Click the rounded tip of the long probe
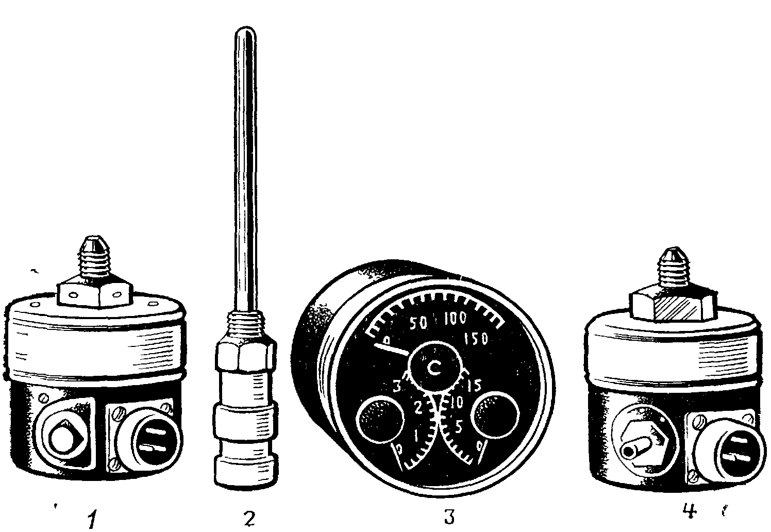(x=245, y=31)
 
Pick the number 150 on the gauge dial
(x=476, y=340)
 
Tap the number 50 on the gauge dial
(x=418, y=323)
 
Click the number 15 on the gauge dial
(x=474, y=386)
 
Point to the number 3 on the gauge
(x=397, y=387)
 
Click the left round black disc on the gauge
(x=381, y=419)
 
